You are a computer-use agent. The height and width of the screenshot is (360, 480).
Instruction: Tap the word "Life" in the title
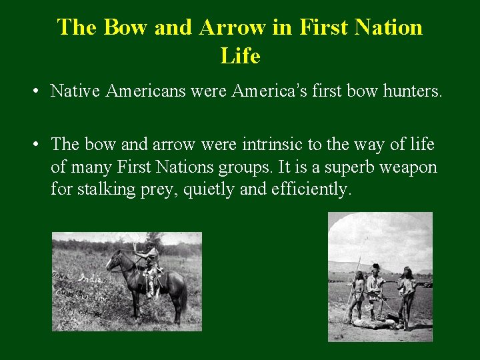(240, 56)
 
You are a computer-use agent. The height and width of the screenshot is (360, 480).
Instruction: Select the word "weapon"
(408, 167)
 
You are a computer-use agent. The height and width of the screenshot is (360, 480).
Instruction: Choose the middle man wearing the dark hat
(375, 287)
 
